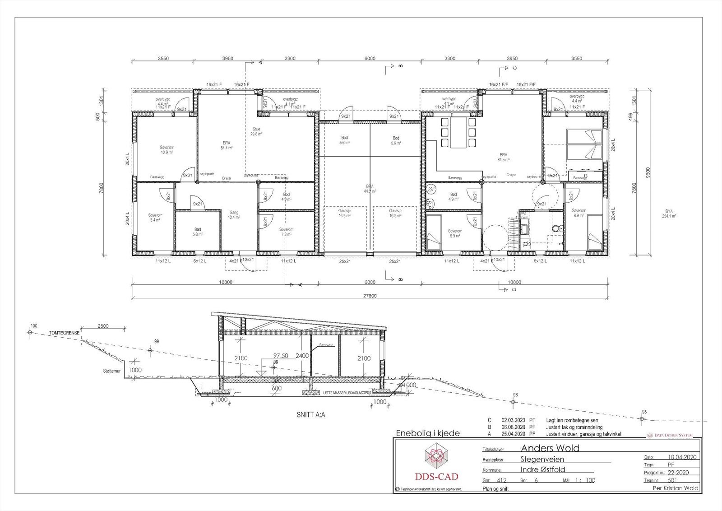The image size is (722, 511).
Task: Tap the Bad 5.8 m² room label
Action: click(198, 232)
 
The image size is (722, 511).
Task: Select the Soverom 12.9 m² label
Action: click(167, 150)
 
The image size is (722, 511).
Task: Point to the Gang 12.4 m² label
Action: click(233, 214)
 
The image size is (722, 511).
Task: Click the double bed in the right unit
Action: click(584, 144)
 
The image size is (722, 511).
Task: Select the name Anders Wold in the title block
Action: click(550, 448)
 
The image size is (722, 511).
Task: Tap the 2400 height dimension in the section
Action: click(301, 356)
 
